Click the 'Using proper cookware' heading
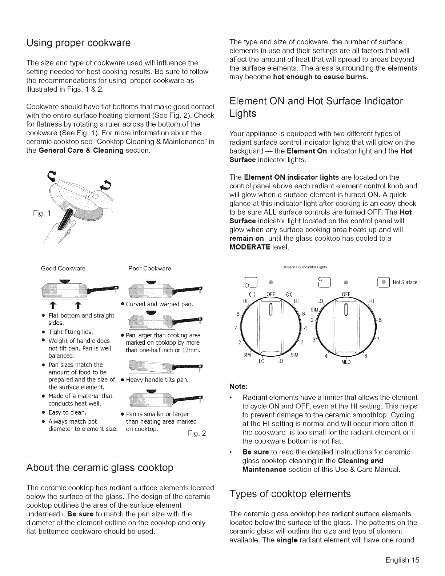pyautogui.click(x=78, y=43)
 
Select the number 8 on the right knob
pyautogui.click(x=380, y=320)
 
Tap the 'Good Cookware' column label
pyautogui.click(x=63, y=269)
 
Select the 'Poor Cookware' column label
pyautogui.click(x=150, y=269)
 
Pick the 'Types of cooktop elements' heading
pyautogui.click(x=290, y=493)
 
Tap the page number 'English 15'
pyautogui.click(x=402, y=560)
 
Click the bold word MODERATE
pyautogui.click(x=250, y=247)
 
